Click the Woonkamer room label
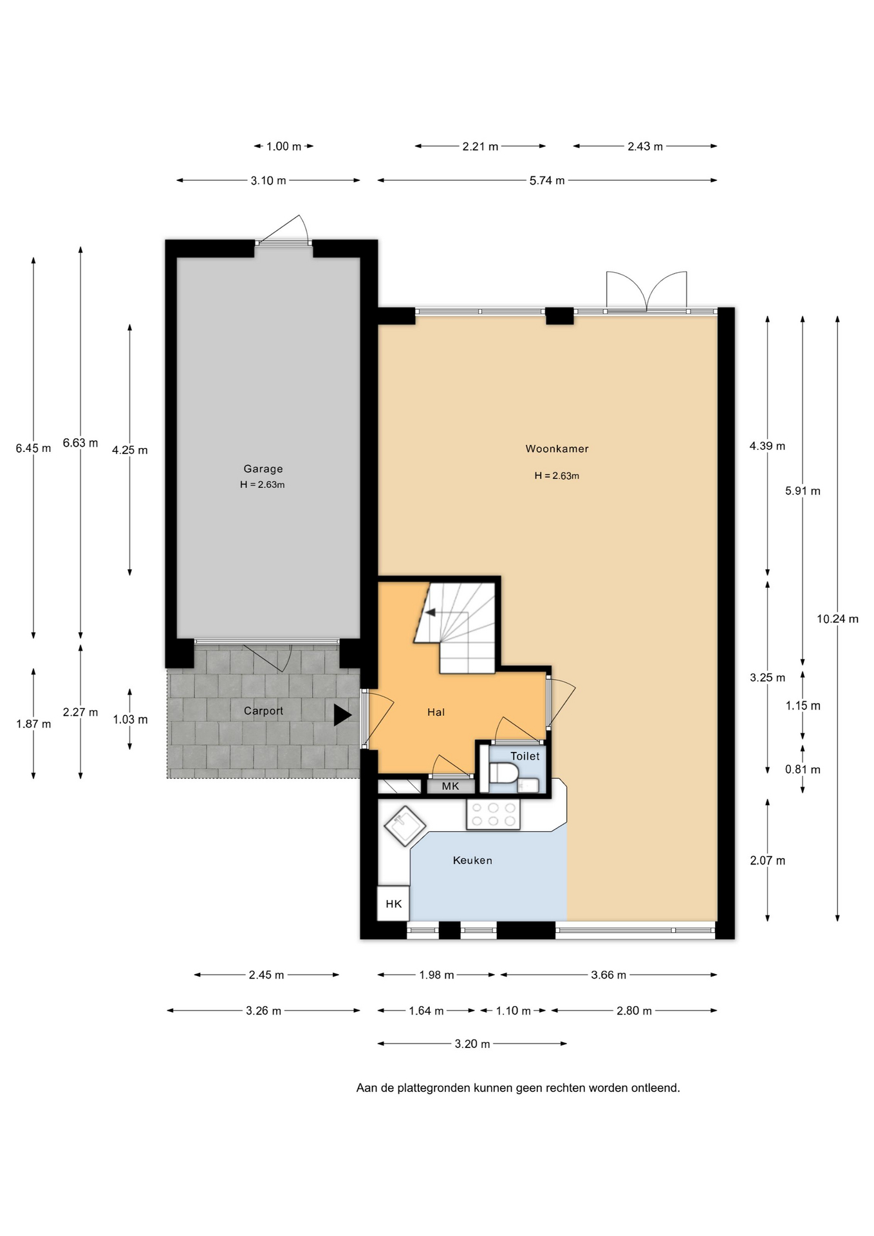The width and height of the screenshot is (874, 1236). pyautogui.click(x=557, y=449)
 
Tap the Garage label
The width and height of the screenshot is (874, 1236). pyautogui.click(x=263, y=469)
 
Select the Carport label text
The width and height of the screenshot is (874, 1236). pyautogui.click(x=263, y=711)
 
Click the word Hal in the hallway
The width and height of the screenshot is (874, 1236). pyautogui.click(x=436, y=712)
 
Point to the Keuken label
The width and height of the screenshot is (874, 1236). pyautogui.click(x=472, y=860)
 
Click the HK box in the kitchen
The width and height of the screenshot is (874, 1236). pyautogui.click(x=393, y=903)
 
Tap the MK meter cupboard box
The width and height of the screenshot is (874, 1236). pyautogui.click(x=451, y=786)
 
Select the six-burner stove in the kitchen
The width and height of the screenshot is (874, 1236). pyautogui.click(x=493, y=814)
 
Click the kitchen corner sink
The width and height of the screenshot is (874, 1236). pyautogui.click(x=405, y=826)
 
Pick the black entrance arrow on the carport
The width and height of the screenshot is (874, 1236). pyautogui.click(x=342, y=715)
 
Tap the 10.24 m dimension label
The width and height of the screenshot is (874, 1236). pyautogui.click(x=837, y=619)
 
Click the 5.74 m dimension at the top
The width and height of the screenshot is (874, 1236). pyautogui.click(x=547, y=181)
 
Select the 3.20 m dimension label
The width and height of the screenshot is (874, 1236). pyautogui.click(x=472, y=1044)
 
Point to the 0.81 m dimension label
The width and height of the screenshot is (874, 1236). pyautogui.click(x=803, y=769)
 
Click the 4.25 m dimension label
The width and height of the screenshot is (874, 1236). pyautogui.click(x=130, y=450)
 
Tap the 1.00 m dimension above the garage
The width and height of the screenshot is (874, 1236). pyautogui.click(x=284, y=146)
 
